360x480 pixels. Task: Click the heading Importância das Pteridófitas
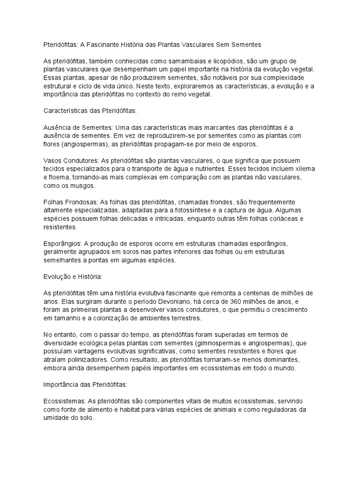pyautogui.click(x=85, y=385)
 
